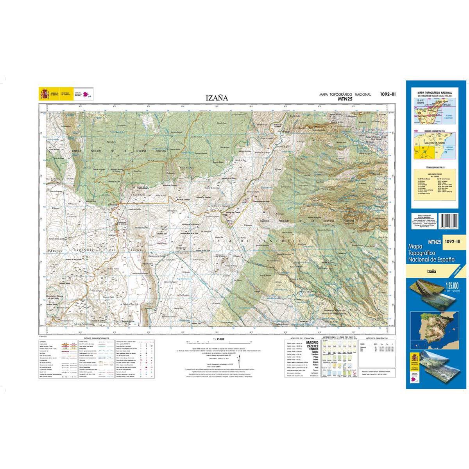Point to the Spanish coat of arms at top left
[x=43, y=94]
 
